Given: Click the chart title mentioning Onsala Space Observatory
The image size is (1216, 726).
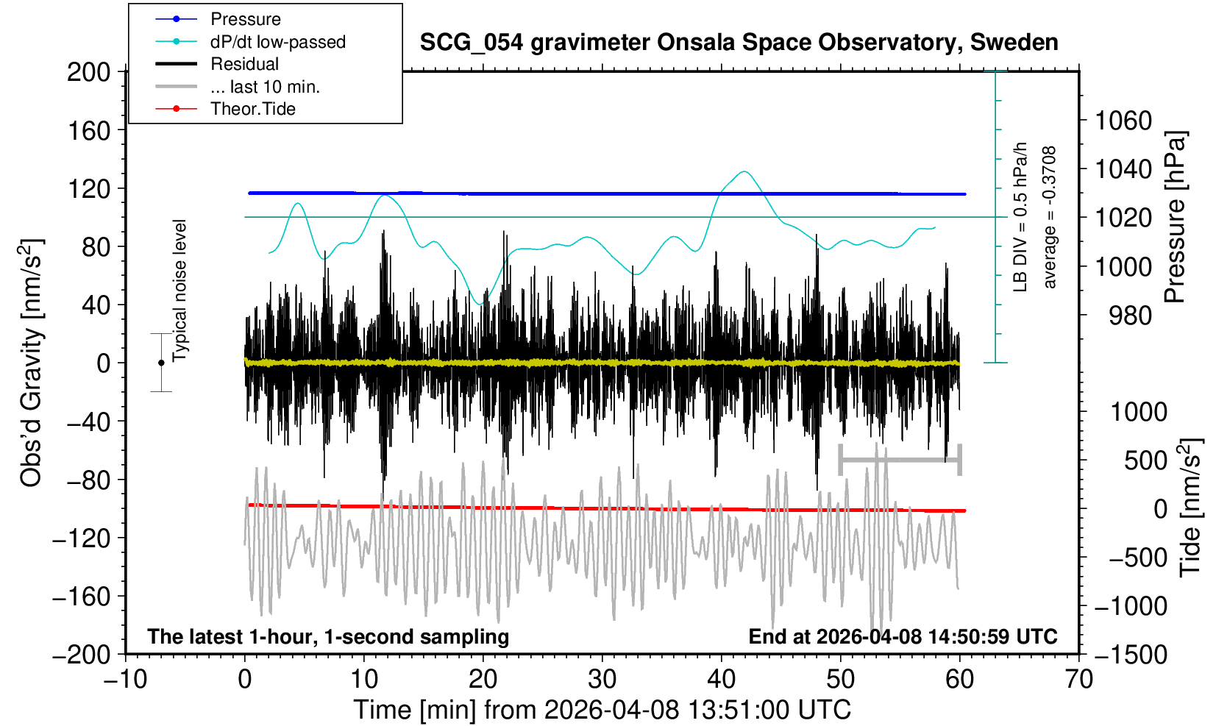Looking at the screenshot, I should pyautogui.click(x=739, y=43).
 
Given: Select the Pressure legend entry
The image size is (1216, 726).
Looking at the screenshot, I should pyautogui.click(x=245, y=19).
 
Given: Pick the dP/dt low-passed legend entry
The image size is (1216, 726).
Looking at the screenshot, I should pyautogui.click(x=277, y=42).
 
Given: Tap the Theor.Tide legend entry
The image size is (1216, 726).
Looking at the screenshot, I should pyautogui.click(x=252, y=109).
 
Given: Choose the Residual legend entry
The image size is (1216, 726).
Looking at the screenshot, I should pyautogui.click(x=244, y=64).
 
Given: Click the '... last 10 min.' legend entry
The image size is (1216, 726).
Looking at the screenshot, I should pyautogui.click(x=265, y=87).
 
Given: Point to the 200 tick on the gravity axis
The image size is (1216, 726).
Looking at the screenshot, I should pyautogui.click(x=88, y=72).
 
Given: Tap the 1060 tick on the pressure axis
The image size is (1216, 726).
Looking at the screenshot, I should pyautogui.click(x=1123, y=120).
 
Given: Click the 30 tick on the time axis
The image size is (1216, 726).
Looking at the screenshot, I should pyautogui.click(x=602, y=678).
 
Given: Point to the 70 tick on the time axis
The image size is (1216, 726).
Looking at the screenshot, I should pyautogui.click(x=1078, y=678).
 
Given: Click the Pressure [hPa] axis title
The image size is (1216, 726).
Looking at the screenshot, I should pyautogui.click(x=1175, y=218).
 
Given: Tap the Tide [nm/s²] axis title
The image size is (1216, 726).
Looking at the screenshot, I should pyautogui.click(x=1190, y=508).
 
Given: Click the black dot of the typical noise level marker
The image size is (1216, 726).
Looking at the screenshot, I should pyautogui.click(x=161, y=363).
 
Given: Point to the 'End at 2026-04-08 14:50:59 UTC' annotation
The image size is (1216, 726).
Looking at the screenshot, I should pyautogui.click(x=903, y=636).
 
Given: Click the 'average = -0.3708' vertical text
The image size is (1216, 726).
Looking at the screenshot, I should pyautogui.click(x=1050, y=217).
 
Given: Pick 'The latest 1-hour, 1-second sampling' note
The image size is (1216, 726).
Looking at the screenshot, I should pyautogui.click(x=328, y=636).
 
